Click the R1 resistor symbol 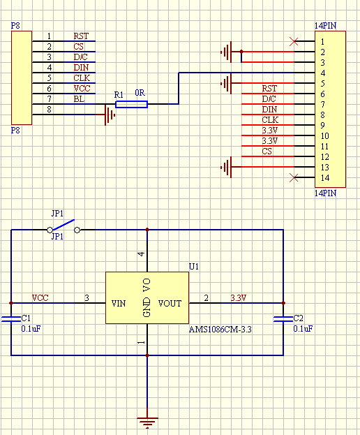[x=131, y=104]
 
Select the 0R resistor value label [x=140, y=93]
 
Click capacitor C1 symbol [x=11, y=319]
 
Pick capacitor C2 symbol [x=283, y=319]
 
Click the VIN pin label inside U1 [x=119, y=304]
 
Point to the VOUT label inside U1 [x=170, y=304]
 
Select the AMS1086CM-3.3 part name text [x=220, y=328]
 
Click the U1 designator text [x=194, y=266]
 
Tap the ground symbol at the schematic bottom [x=147, y=421]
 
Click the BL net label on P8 [x=79, y=99]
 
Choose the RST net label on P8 [x=81, y=36]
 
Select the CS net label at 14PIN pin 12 [x=267, y=152]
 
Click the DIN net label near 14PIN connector [x=269, y=110]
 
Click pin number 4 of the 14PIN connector [x=323, y=73]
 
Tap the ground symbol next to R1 [x=108, y=115]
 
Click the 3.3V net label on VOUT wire [x=239, y=298]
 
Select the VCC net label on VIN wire [x=40, y=298]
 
